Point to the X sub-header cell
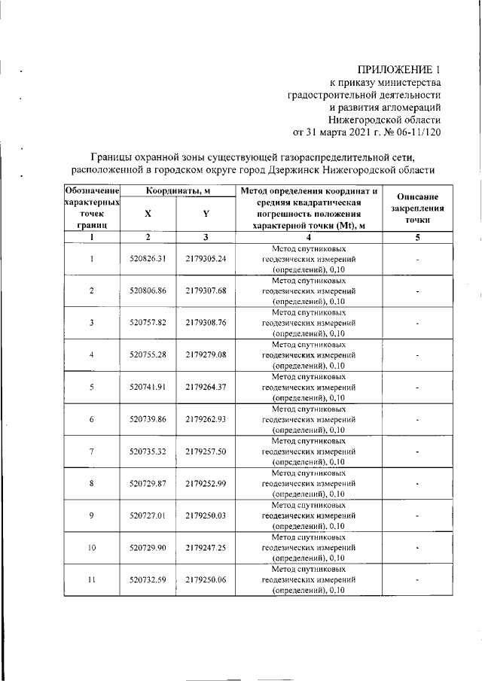coord(148,214)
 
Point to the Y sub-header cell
coord(206,214)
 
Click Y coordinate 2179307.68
coord(206,290)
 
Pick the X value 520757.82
coord(148,323)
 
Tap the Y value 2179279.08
coord(206,354)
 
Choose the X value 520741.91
coord(148,387)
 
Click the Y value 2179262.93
coord(206,419)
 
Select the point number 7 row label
coord(91,451)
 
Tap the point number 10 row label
coord(91,548)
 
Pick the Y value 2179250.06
coord(206,580)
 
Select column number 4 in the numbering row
coord(310,237)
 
